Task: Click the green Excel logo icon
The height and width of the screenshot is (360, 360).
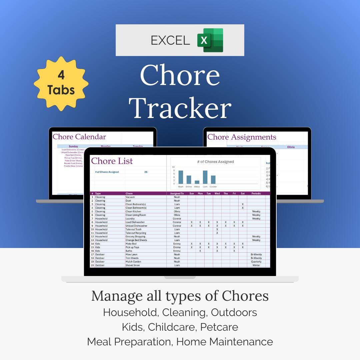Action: coord(210,40)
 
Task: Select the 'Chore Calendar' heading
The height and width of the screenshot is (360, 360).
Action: coord(79,137)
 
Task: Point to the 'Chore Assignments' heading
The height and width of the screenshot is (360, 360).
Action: coord(242,137)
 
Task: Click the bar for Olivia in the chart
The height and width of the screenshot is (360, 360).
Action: coord(197,182)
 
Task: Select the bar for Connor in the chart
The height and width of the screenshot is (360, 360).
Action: coord(213,179)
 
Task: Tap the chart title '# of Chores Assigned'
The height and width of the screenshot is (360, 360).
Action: coord(215,162)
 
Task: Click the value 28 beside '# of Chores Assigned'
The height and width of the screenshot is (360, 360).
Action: coord(146,172)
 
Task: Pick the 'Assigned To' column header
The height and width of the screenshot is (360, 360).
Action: coord(177,193)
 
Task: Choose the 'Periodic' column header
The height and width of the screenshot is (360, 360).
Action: coord(256,193)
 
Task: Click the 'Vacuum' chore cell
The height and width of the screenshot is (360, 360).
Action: coord(130,197)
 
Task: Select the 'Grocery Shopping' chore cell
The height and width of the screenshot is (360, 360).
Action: coord(135,236)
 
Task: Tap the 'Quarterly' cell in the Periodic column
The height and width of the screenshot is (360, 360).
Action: coord(256,262)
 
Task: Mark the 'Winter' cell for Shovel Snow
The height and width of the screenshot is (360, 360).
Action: coord(256,265)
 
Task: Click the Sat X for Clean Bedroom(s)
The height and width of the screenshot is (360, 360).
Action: coord(242,204)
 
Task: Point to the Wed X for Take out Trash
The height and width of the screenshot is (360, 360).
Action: coord(217,229)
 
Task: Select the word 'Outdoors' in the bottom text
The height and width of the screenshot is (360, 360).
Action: coord(234,312)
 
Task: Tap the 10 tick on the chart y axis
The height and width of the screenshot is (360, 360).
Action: coord(173,167)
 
